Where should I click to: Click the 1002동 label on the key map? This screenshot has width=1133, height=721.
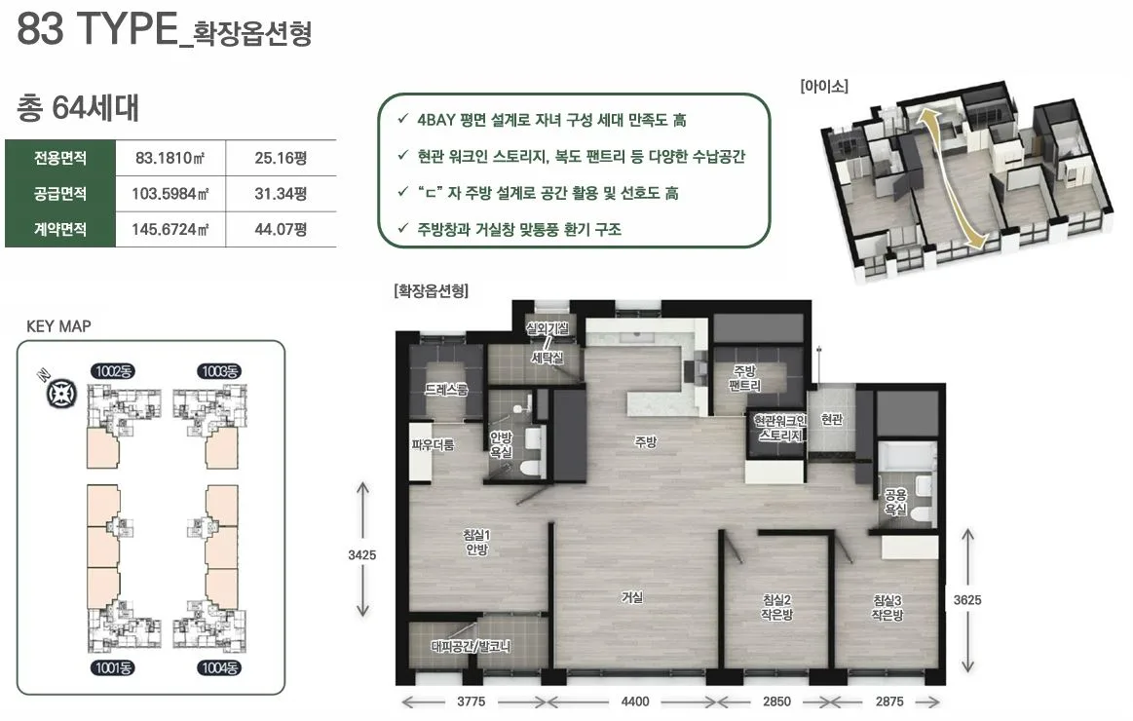[x=113, y=371]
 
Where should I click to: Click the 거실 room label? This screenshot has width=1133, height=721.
[x=631, y=597]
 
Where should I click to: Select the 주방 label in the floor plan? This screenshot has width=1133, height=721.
[x=645, y=441]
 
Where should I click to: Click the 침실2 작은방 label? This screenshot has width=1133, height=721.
[x=776, y=607]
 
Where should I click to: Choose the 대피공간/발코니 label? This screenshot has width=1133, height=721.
[x=472, y=645]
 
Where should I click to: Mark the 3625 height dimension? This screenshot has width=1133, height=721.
[x=967, y=600]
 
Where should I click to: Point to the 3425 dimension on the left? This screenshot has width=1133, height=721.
[x=361, y=554]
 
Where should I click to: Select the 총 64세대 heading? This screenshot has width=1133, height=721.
[x=78, y=108]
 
